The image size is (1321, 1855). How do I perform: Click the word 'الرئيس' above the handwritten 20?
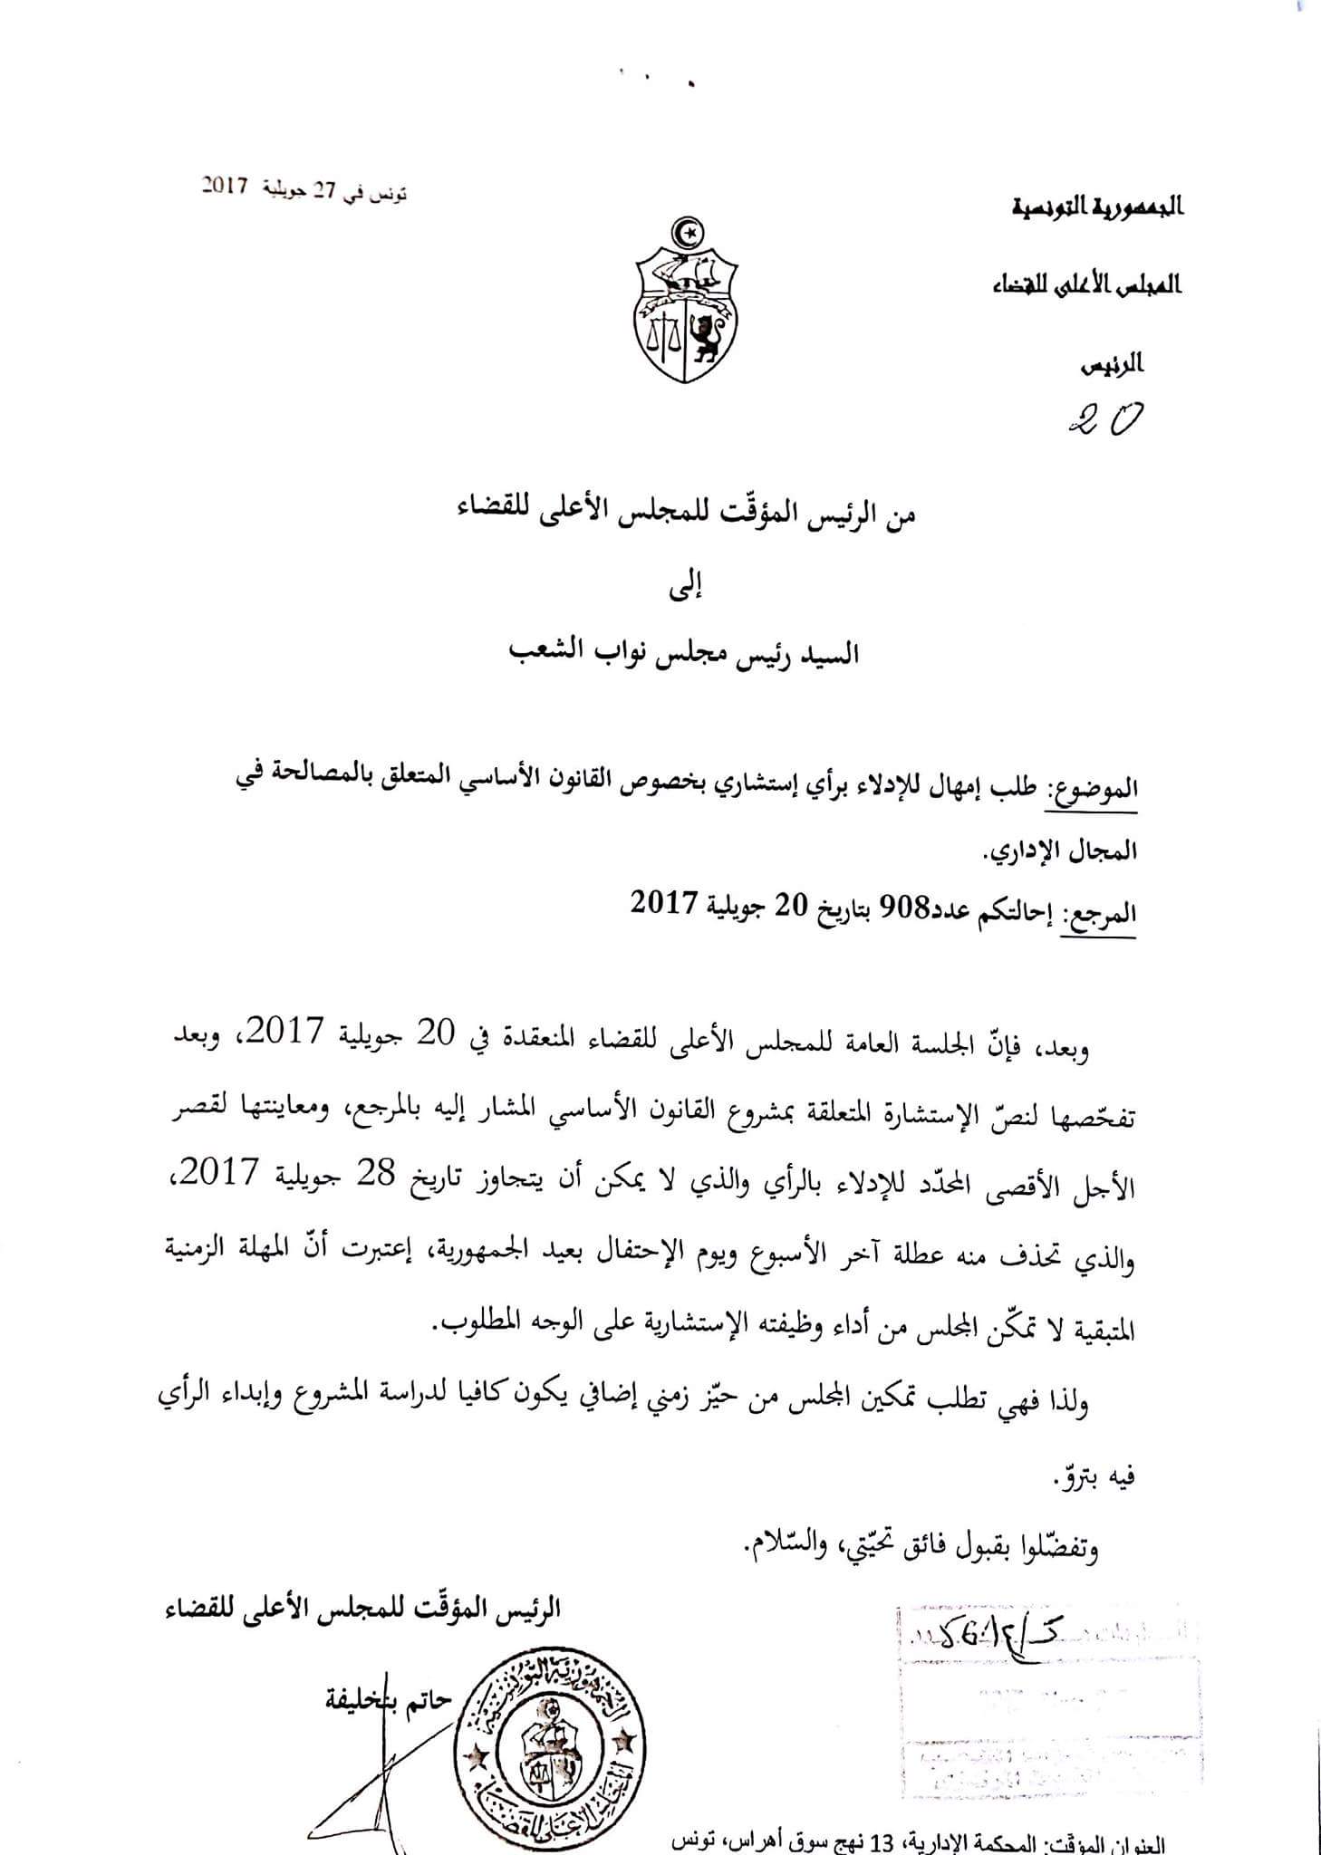point(1114,366)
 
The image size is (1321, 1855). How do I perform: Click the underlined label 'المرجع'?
point(1100,914)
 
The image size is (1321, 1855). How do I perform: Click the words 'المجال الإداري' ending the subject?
point(1059,851)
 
